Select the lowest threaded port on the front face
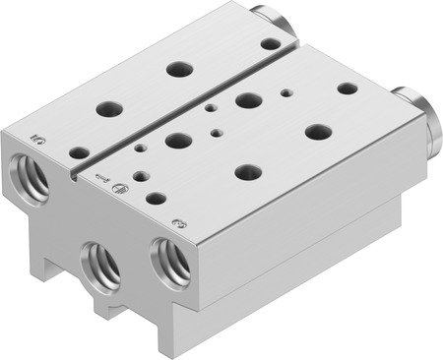point(101,263)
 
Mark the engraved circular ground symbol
point(118,188)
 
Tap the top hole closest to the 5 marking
point(78,152)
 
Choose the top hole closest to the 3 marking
point(156,198)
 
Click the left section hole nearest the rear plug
point(269,43)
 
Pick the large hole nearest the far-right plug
point(348,88)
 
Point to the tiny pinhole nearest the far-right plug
point(285,93)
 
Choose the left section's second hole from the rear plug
point(178,69)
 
